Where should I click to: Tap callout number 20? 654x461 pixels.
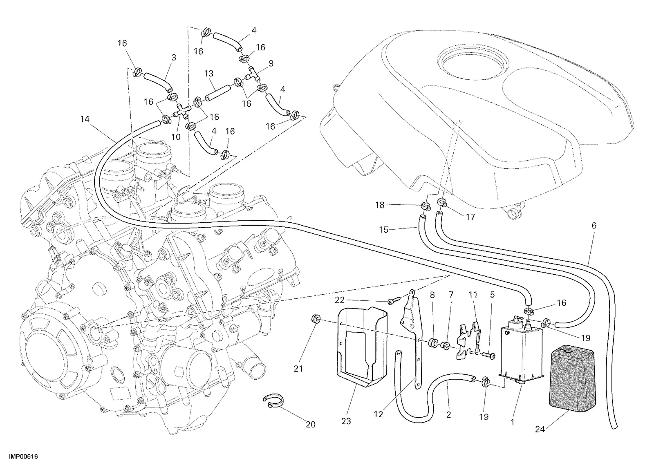tap(311, 425)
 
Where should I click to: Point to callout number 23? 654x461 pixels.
tap(346, 421)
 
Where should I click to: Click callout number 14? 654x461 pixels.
tap(85, 119)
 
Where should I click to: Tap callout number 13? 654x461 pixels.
tap(209, 73)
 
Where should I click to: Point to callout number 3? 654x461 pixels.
tap(174, 58)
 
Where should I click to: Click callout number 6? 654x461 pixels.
tap(594, 226)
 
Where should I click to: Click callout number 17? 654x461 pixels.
tap(470, 217)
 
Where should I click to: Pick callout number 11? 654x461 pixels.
tap(473, 295)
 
